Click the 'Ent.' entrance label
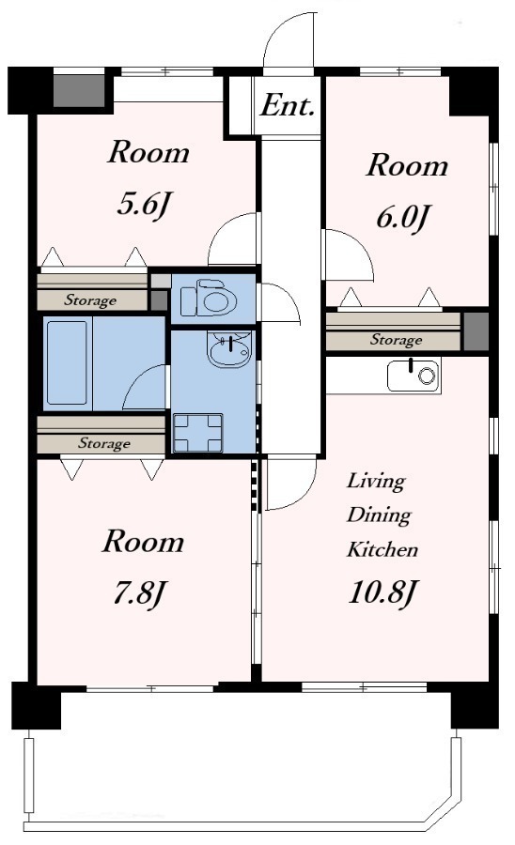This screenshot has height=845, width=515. (x=288, y=105)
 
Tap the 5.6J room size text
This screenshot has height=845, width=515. (x=144, y=205)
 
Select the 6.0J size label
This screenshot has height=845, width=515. (x=401, y=218)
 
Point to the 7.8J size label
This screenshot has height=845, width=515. (x=138, y=594)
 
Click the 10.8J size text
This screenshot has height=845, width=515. (x=382, y=592)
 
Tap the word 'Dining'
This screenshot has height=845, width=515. (x=379, y=515)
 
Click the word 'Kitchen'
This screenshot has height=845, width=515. (x=382, y=549)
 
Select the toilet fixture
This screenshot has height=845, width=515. (x=209, y=298)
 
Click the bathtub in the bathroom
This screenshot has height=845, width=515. (x=67, y=362)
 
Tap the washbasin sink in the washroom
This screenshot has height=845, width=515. (x=229, y=349)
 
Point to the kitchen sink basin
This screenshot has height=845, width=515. (x=414, y=376)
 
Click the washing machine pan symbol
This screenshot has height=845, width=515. (x=198, y=433)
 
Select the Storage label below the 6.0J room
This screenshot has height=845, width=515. (x=396, y=340)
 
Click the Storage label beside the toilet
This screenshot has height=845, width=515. (x=90, y=300)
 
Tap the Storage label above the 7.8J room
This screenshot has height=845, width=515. (x=104, y=443)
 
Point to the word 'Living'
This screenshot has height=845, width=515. (x=376, y=481)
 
